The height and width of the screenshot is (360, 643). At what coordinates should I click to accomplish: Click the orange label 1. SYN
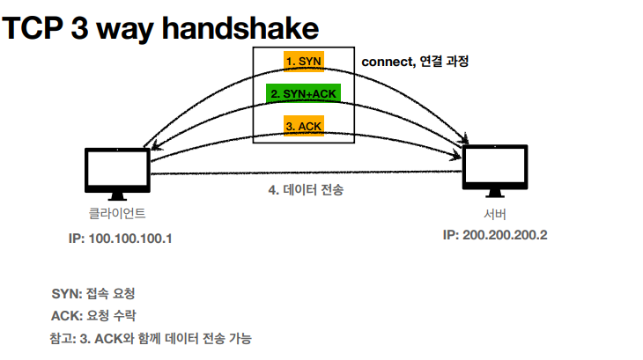304,62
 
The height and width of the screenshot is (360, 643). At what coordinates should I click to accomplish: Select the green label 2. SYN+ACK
304,94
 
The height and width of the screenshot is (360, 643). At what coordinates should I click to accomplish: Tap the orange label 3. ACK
304,126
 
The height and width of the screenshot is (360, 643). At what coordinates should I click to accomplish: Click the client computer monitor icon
117,174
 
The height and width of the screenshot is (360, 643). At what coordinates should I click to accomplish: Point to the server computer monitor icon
495,171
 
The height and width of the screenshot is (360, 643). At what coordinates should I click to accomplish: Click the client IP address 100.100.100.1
130,239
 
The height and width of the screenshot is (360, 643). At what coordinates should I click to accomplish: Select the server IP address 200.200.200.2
505,235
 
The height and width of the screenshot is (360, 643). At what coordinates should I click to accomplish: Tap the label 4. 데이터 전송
306,189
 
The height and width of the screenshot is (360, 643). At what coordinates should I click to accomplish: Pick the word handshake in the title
240,28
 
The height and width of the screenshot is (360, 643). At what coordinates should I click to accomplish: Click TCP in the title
33,28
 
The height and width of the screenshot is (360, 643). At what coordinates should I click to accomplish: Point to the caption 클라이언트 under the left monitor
117,213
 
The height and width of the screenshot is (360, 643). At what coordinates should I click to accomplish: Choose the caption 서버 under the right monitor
495,214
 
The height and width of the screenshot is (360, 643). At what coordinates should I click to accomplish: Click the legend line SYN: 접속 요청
93,294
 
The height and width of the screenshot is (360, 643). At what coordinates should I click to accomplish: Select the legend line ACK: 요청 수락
93,316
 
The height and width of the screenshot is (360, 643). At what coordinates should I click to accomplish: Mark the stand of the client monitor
117,196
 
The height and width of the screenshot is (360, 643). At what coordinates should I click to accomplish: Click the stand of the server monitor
495,194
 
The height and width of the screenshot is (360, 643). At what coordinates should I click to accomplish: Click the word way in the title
125,31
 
